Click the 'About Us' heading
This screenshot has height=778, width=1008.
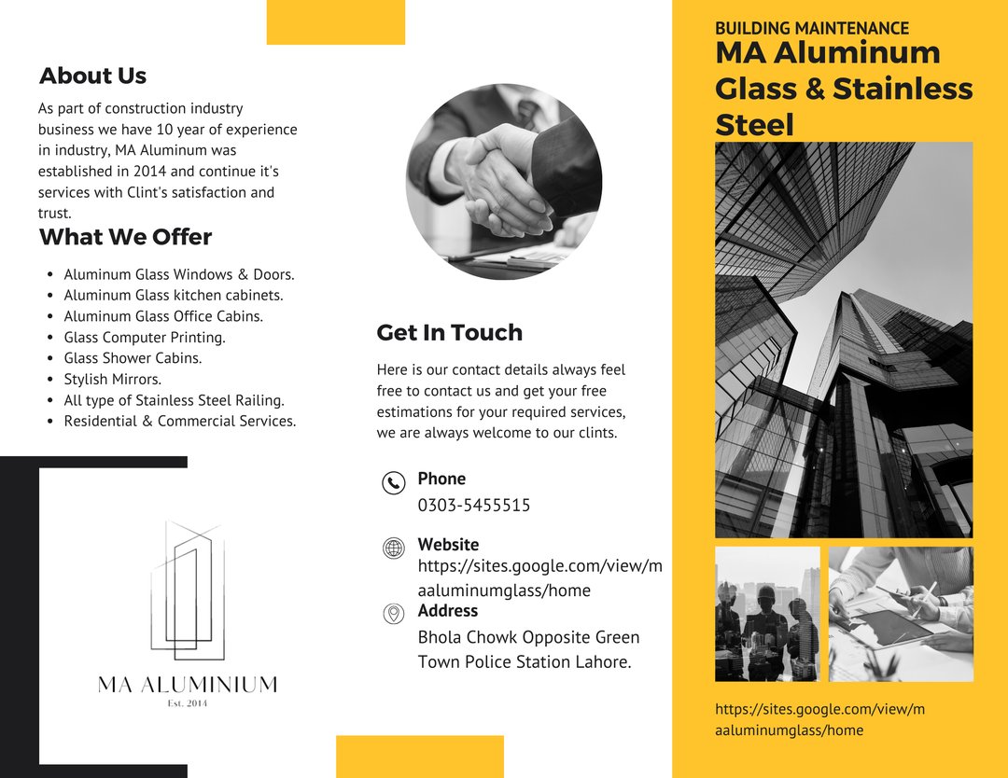pos(92,76)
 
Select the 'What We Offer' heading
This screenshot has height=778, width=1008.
pos(125,237)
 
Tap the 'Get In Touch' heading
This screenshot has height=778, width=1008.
pos(449,333)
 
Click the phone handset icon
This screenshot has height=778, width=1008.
pos(394,482)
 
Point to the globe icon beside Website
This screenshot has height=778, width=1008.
pos(394,549)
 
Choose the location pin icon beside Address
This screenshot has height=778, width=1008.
pos(394,613)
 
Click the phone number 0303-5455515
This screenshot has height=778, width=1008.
pos(474,506)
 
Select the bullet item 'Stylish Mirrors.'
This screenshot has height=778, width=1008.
pos(113,380)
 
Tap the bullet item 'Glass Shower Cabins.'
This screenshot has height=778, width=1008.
pos(133,358)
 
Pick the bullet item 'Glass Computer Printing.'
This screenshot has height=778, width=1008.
pos(145,338)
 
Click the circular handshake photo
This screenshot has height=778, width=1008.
pos(504,182)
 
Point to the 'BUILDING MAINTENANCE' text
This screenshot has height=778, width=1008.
pos(811,29)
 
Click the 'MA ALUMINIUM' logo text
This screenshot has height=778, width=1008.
pos(188,685)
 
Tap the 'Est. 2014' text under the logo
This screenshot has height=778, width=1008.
pos(188,703)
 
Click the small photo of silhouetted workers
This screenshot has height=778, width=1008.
pos(767,613)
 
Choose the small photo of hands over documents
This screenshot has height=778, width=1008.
pos(901,613)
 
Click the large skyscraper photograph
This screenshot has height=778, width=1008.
pos(844,340)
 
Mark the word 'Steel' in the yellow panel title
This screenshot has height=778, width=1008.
pos(754,125)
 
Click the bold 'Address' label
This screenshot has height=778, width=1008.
pos(447,611)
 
